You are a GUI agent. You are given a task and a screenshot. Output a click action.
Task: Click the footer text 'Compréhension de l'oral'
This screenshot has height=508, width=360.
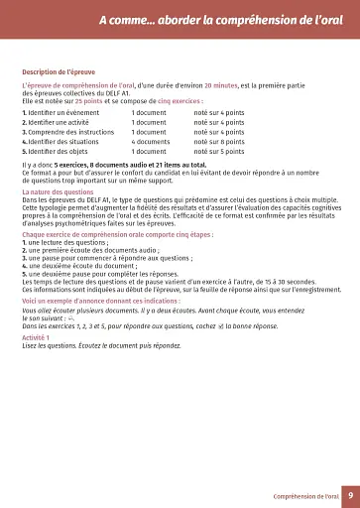[306, 495]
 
